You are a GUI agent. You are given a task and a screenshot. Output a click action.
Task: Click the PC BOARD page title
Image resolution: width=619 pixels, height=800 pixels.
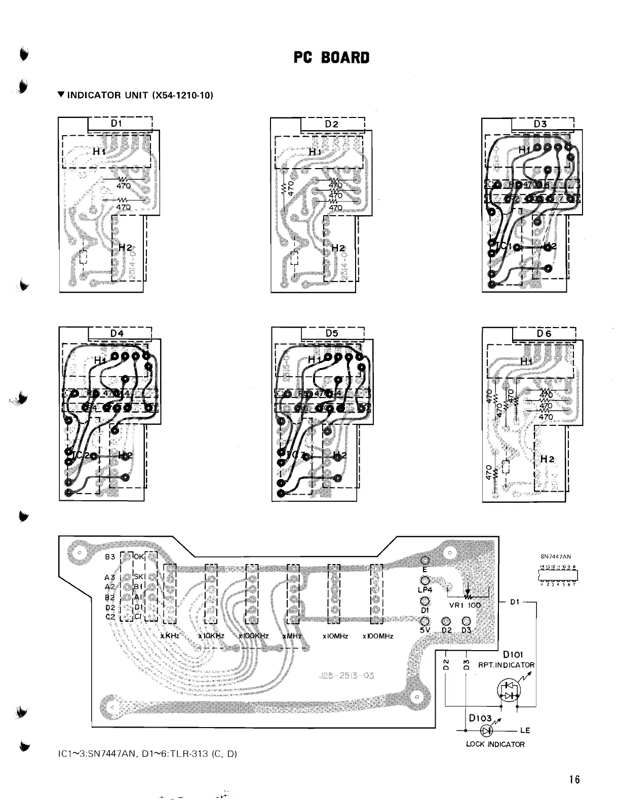point(332,58)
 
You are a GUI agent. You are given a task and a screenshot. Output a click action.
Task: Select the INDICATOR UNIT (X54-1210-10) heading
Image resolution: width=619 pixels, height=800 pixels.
point(134,95)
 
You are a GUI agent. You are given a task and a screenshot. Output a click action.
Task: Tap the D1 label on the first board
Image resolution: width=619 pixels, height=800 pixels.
point(116,123)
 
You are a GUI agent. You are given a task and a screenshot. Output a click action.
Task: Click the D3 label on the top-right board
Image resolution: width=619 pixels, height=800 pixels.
point(540,124)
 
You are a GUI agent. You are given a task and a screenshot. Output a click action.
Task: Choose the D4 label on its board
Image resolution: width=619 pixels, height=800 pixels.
point(117,333)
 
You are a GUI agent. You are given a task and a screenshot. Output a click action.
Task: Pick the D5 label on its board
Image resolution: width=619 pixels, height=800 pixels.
point(332,333)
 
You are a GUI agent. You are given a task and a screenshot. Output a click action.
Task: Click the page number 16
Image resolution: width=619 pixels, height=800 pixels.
point(573,779)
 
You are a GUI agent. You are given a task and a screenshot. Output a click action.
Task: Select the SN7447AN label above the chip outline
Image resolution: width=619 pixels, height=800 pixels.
point(556,556)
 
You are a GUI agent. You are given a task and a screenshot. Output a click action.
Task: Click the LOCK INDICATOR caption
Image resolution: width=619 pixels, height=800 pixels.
point(495,744)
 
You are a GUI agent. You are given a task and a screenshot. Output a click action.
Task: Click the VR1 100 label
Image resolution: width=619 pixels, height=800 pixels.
point(465,605)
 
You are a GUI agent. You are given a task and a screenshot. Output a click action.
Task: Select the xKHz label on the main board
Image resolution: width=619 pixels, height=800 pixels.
point(169,636)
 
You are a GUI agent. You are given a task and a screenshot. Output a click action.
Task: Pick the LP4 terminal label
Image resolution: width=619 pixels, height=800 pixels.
point(424,589)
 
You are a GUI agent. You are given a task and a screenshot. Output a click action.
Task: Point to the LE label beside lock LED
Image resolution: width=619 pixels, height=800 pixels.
point(524,730)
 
